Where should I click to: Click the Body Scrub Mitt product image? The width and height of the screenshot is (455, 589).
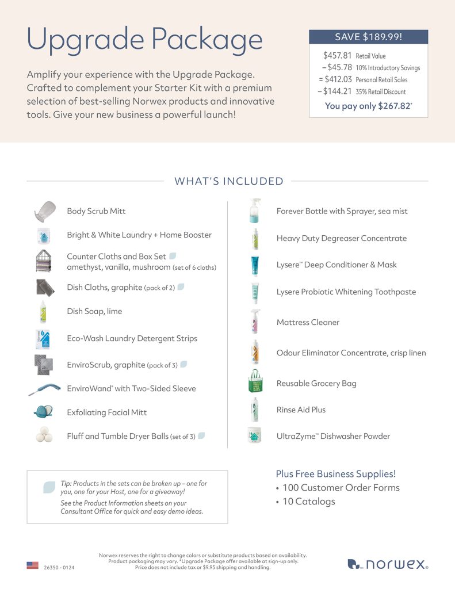pos(44,211)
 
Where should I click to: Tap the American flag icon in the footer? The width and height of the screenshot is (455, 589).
pos(32,565)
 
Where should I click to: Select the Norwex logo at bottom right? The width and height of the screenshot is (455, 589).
pos(388,564)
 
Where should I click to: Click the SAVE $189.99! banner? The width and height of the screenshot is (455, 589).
pos(368,37)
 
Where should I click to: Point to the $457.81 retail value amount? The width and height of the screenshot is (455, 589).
pos(337,56)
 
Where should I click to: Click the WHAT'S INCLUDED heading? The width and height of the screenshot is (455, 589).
pos(228,181)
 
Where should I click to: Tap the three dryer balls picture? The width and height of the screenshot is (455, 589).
pos(44,435)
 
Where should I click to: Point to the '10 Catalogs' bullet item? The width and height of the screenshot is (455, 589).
pos(308,502)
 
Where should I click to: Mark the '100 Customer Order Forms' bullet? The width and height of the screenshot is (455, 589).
pos(341,488)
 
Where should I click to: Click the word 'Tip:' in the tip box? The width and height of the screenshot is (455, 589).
pos(66,484)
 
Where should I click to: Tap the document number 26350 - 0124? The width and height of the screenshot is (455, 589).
pos(59,567)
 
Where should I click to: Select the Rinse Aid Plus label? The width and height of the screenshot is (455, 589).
pos(301,410)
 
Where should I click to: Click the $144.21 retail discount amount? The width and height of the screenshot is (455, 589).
pos(336,91)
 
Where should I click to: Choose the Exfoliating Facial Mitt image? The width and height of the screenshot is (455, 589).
pos(44,412)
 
